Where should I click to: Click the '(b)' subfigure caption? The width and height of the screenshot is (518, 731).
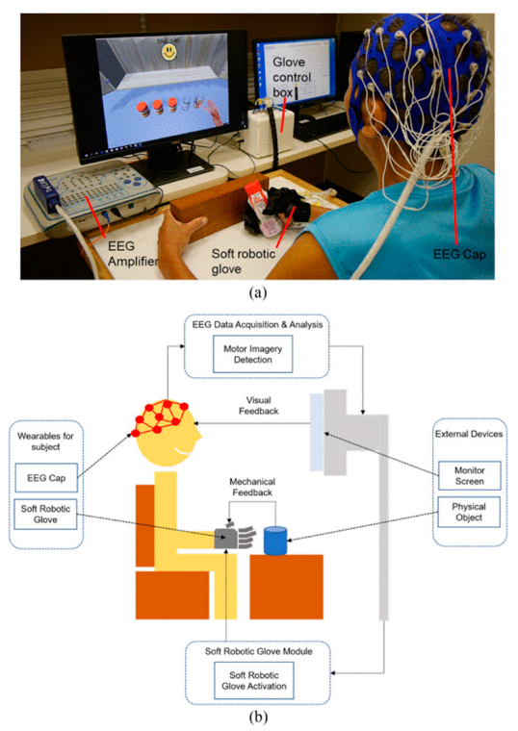coord(257,718)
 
